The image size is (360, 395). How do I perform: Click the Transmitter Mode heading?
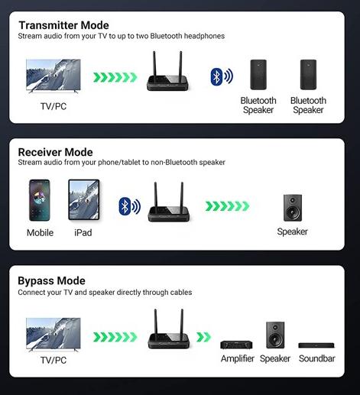(63, 25)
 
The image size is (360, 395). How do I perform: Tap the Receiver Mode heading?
(55, 152)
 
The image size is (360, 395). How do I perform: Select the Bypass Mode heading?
(51, 280)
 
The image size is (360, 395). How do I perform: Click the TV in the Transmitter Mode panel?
(54, 76)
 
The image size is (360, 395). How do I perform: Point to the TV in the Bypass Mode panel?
(54, 335)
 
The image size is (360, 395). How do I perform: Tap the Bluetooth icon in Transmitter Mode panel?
(222, 76)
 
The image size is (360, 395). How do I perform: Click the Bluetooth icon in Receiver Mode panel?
(130, 206)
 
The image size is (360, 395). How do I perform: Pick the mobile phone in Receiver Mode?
(40, 200)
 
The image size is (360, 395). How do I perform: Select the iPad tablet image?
(84, 200)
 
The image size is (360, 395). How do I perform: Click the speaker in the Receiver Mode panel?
(293, 208)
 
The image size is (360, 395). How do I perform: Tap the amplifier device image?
(236, 345)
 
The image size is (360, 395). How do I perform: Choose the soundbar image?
(316, 345)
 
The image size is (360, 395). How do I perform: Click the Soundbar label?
(317, 358)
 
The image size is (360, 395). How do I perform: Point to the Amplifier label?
(238, 359)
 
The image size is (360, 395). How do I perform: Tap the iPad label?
(83, 232)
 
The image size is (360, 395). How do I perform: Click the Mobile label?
(40, 232)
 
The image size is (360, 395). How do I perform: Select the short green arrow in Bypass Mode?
(203, 337)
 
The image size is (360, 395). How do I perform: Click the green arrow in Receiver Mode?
(227, 206)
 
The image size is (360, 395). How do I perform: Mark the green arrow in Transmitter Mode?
(115, 77)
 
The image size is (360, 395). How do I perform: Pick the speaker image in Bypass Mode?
(275, 335)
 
